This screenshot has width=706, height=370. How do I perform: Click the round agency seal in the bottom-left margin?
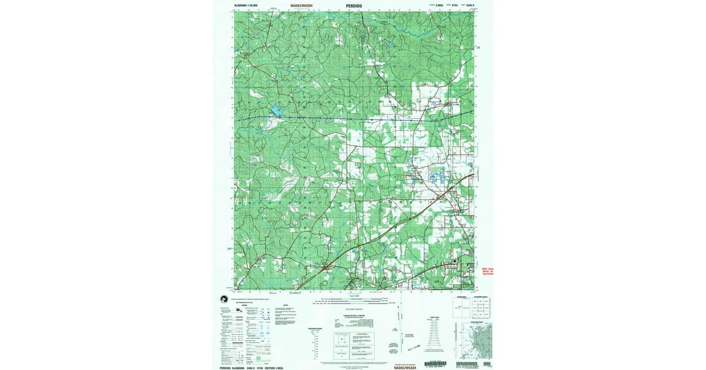tap(224, 299)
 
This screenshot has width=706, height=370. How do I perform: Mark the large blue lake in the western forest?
tap(275, 110)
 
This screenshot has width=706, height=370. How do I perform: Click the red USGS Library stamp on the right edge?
tap(486, 271)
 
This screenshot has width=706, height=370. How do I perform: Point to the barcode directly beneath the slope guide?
tap(435, 364)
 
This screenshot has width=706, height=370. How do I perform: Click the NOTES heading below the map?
tap(285, 305)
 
